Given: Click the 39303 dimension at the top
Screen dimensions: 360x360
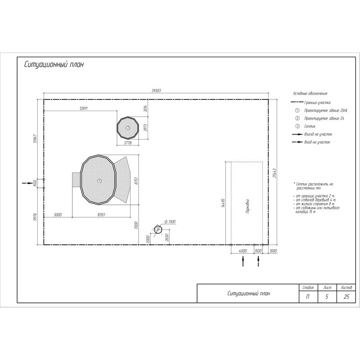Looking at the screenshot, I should (156, 91).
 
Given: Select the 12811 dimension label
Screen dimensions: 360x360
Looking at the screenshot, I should (83, 108).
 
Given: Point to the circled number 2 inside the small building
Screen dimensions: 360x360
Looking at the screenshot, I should (128, 128).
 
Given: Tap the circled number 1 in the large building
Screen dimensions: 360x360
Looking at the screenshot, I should (99, 180).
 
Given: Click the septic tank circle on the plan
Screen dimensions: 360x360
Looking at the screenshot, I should (157, 229).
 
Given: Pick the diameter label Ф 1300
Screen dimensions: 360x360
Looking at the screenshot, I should (170, 222).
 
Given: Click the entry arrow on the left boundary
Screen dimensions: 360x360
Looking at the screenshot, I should (29, 183).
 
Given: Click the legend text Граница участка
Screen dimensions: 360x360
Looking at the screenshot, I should (318, 103).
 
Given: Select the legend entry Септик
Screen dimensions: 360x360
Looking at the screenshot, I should (310, 126).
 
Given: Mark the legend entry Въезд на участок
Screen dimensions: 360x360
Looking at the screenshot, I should (318, 134).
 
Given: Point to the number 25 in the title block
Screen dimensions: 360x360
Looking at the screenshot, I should (346, 297).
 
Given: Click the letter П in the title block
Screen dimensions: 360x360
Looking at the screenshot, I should (308, 297).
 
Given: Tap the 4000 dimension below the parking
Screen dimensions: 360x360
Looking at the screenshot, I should (243, 250).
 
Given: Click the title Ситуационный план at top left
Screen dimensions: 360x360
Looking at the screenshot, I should (54, 65).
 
